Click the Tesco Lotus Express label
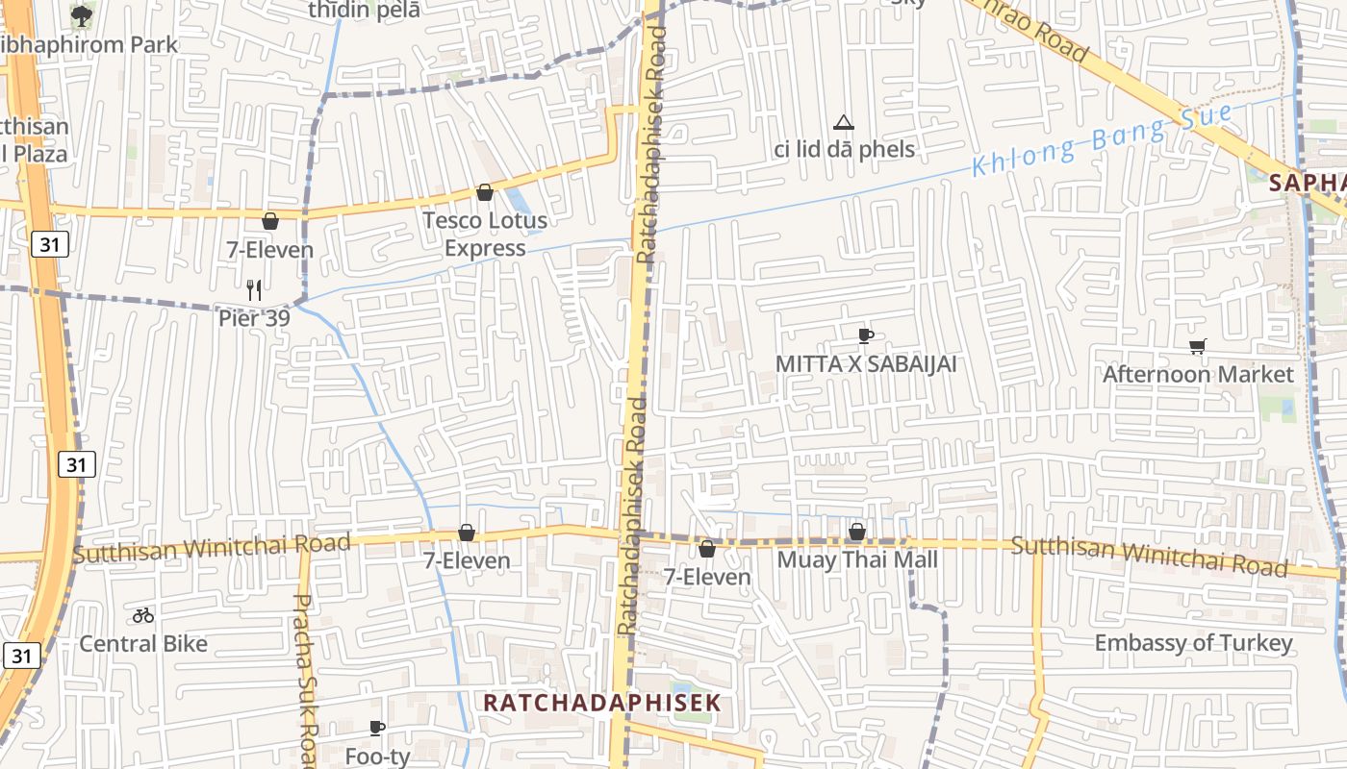[x=485, y=234]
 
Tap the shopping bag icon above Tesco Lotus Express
[x=485, y=193]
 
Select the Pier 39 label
[x=254, y=316]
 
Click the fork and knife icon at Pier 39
[x=254, y=289]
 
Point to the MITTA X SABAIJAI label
[x=866, y=364]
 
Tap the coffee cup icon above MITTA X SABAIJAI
[x=865, y=335]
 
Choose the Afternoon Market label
[x=1198, y=374]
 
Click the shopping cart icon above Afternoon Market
[x=1197, y=347]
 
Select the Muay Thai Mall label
[x=856, y=559]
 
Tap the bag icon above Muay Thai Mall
[x=857, y=532]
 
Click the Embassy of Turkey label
[x=1193, y=643]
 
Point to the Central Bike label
[x=143, y=643]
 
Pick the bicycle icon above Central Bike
[x=143, y=615]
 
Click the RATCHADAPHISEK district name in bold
[x=601, y=703]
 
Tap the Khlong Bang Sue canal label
[x=1102, y=140]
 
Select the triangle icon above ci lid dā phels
[x=844, y=122]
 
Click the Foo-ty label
[x=377, y=757]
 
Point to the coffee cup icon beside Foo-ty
[x=376, y=729]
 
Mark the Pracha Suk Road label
[x=305, y=678]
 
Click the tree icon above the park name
[x=82, y=15]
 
